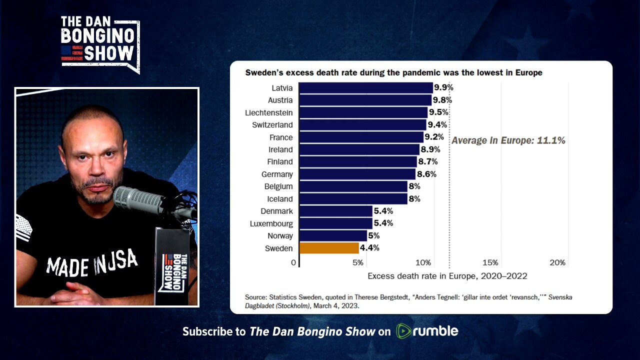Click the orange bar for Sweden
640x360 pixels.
point(329,248)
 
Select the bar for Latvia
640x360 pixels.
point(365,88)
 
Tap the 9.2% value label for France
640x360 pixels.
point(434,137)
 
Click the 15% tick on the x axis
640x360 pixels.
point(490,262)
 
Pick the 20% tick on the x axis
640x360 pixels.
point(557,262)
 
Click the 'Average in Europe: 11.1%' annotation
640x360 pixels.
point(508,140)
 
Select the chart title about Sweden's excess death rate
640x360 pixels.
point(393,72)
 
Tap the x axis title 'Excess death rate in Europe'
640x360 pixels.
point(447,276)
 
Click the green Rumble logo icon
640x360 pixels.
point(403,331)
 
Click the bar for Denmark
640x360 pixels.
point(335,211)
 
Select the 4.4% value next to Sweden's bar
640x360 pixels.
point(369,248)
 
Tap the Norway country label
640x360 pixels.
point(280,235)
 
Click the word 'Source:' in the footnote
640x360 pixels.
point(256,297)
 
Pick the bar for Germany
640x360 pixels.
point(357,174)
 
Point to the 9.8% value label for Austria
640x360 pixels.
point(442,100)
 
